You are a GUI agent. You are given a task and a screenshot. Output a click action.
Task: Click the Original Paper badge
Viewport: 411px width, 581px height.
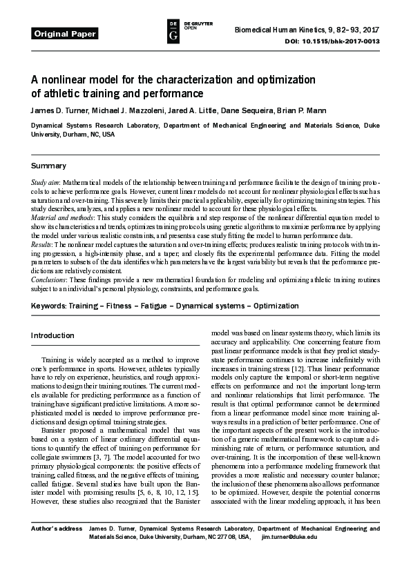(x=65, y=33)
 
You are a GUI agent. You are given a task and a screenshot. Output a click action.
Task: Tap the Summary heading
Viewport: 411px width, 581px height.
(x=48, y=166)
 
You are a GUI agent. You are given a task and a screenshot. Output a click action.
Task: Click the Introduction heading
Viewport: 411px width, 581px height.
(x=52, y=335)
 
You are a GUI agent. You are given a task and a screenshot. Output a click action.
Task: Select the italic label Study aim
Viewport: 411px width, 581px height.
(x=46, y=182)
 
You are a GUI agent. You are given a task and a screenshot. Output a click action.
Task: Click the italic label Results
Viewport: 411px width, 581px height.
(x=41, y=245)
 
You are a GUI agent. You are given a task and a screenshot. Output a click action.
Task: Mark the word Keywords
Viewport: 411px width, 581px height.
(x=49, y=305)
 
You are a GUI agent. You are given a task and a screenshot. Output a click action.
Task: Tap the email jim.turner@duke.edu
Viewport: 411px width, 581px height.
(x=289, y=536)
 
